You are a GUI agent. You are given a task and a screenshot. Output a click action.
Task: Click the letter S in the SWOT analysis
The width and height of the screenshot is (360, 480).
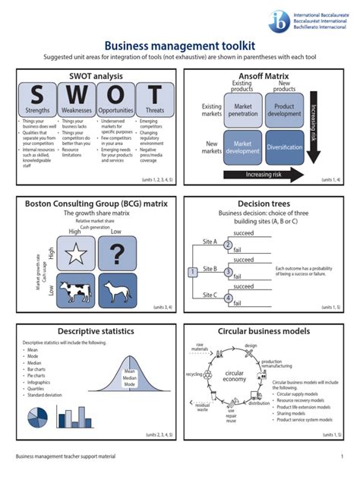coord(37,96)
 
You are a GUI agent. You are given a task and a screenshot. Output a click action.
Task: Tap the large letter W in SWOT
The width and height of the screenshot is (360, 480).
coord(76,96)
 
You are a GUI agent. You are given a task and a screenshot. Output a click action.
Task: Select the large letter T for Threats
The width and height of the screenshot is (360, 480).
coord(155,96)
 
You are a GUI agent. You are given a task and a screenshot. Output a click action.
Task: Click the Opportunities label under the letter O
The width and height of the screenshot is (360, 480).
coord(115,110)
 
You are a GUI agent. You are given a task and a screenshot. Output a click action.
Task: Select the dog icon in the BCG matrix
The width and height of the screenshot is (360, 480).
coord(115,290)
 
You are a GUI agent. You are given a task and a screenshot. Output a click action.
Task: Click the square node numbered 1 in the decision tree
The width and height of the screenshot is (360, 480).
coord(193,271)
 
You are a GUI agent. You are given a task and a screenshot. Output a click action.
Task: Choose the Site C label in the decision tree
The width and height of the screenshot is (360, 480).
coord(210,294)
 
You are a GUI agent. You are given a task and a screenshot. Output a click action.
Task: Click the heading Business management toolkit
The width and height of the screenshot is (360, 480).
coord(179,47)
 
